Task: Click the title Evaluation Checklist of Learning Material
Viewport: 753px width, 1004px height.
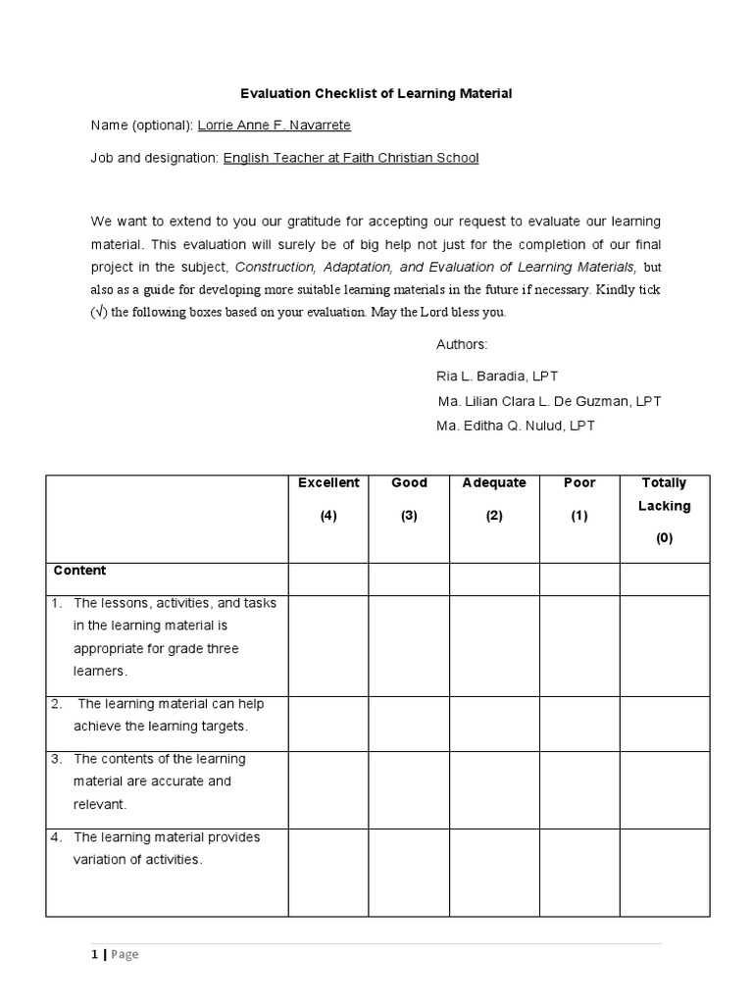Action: coord(376,94)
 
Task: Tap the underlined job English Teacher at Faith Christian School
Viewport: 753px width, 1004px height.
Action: coord(351,158)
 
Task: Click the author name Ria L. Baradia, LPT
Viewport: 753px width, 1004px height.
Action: coord(497,376)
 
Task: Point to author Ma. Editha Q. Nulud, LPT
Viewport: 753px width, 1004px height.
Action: coord(516,427)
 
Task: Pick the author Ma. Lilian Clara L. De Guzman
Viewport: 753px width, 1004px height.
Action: coord(549,402)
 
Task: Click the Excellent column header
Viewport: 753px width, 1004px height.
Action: coord(328,483)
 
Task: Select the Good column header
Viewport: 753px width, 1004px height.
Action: coord(409,483)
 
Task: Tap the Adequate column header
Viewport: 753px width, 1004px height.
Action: coord(494,483)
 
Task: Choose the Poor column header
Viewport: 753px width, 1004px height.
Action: coord(579,483)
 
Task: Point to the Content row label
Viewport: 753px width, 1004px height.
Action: coord(80,571)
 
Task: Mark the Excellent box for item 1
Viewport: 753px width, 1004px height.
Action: coord(328,645)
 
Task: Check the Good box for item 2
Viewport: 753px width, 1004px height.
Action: coord(409,724)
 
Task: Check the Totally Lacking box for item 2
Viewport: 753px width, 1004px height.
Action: coord(664,724)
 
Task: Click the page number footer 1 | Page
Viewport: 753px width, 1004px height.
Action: coord(114,955)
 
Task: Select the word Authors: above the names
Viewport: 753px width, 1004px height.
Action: coord(462,345)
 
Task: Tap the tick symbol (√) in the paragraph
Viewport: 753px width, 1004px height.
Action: coord(98,313)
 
